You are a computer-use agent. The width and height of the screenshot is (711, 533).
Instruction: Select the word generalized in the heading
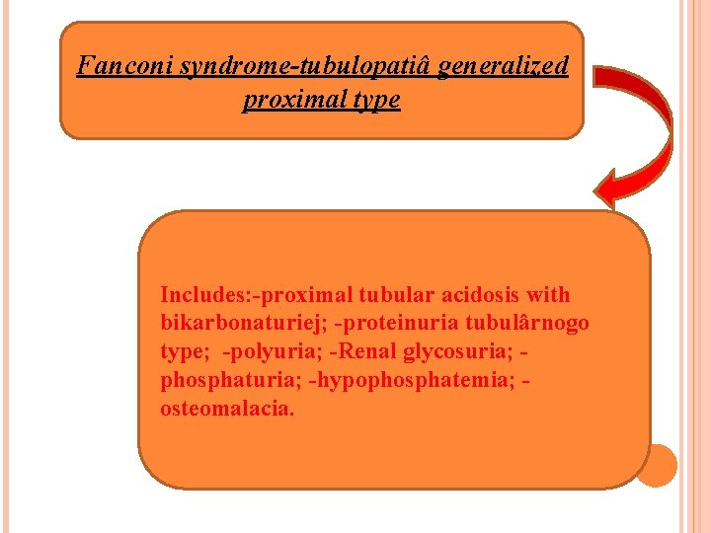tap(503, 67)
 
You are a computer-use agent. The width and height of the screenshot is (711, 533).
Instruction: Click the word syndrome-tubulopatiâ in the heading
tap(293, 67)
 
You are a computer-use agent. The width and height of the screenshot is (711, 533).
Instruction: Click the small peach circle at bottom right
tap(656, 465)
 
